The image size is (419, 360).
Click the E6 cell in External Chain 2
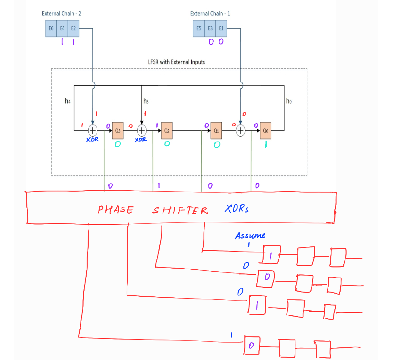(x=51, y=28)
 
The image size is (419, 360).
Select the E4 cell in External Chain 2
(x=62, y=28)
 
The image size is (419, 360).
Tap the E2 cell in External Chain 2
(x=74, y=28)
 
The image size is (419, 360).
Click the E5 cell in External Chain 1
(x=199, y=28)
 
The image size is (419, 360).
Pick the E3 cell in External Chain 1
(x=210, y=28)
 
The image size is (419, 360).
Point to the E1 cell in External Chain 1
(x=221, y=28)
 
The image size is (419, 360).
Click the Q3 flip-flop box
(x=118, y=131)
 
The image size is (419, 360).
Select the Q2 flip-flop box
(x=167, y=131)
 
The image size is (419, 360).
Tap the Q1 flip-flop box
(x=216, y=131)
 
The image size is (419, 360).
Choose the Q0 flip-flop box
(x=265, y=131)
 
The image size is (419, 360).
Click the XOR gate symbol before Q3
(x=93, y=130)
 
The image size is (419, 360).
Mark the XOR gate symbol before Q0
(x=241, y=130)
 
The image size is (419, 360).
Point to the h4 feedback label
(x=68, y=101)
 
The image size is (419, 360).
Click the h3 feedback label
(x=146, y=101)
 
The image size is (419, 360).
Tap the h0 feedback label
(x=289, y=101)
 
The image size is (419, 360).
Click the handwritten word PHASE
(x=115, y=209)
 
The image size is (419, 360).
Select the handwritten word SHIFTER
(x=180, y=210)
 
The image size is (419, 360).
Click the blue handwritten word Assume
(x=250, y=235)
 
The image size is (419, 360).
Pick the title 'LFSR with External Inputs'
(x=176, y=62)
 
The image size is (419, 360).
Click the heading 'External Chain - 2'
(x=61, y=13)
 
